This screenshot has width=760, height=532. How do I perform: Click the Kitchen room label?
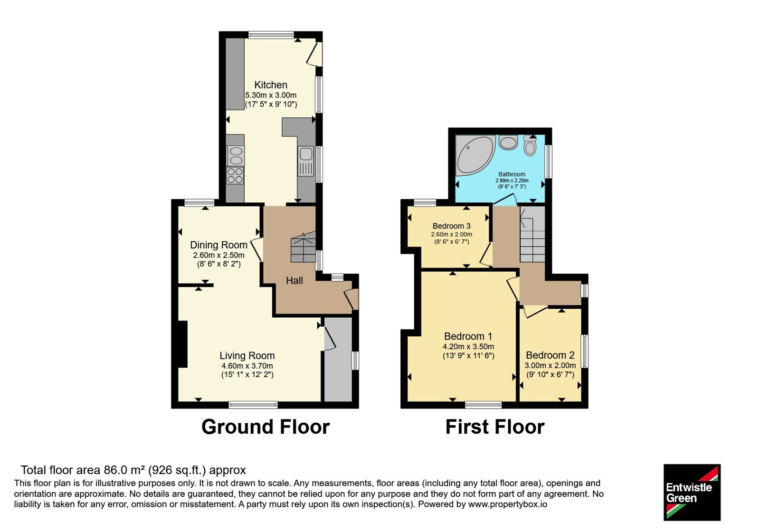coord(271,85)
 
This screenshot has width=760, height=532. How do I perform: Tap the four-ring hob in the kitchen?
coord(235,176)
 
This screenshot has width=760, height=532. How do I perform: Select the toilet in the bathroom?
coord(530,145)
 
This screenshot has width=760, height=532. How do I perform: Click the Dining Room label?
coord(218,245)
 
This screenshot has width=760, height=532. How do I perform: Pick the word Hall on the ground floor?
coord(294,280)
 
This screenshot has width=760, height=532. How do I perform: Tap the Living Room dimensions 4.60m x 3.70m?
coord(247,366)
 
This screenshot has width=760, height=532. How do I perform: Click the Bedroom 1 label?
coord(468,336)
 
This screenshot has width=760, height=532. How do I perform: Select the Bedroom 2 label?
coord(550,355)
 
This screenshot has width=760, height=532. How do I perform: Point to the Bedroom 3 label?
coord(452,226)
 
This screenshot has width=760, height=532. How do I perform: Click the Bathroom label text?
coord(512,174)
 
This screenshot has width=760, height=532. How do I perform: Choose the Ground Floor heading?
coord(266,427)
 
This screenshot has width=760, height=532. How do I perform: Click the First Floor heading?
coord(494,427)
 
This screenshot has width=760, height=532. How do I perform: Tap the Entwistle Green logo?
coord(692,492)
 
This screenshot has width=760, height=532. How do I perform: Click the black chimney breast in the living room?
coord(182,344)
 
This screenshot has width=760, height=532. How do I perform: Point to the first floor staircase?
coord(532,234)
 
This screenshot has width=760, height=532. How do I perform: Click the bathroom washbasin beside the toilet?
coord(508,142)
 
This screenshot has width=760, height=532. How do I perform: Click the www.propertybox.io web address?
coord(508,504)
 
